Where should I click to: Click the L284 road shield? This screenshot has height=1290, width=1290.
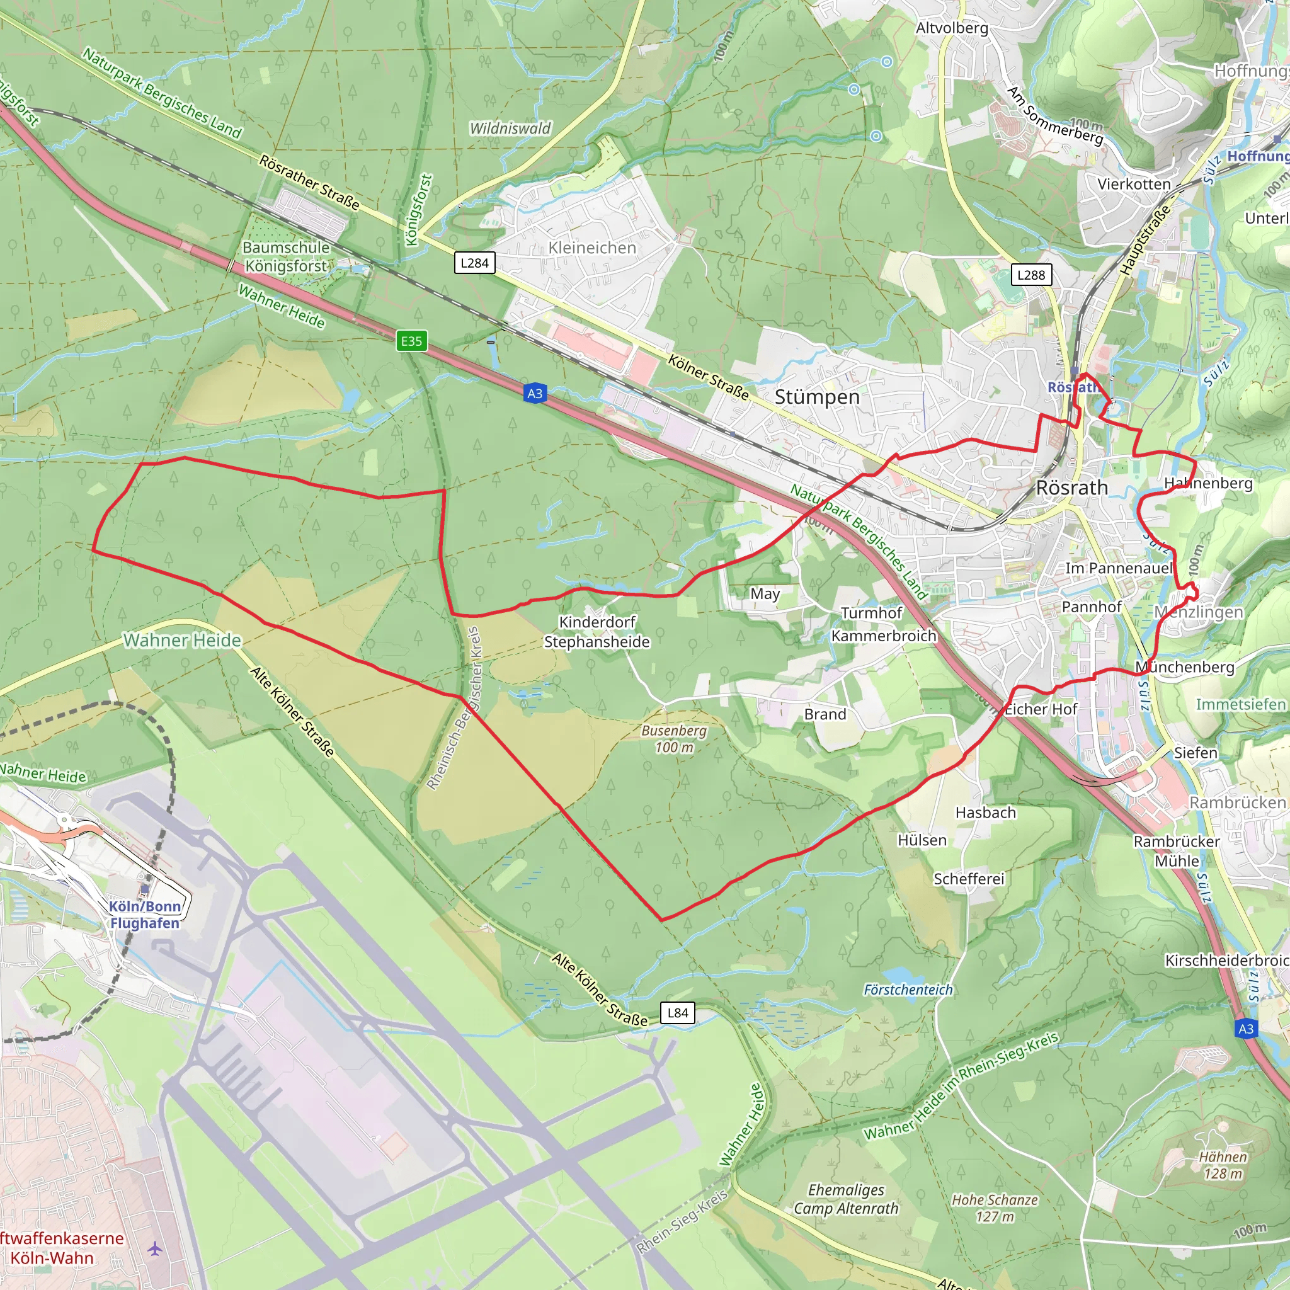coord(474,263)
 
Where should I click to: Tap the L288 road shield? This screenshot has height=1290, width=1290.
coord(1031,275)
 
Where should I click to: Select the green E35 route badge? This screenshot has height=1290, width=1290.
coord(411,341)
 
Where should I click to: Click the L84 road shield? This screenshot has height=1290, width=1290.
coord(678,1013)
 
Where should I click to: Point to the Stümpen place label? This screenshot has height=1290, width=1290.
coord(816,397)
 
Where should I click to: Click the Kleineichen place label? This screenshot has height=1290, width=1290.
coord(591,248)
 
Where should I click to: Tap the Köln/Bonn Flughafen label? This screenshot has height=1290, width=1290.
coord(145,915)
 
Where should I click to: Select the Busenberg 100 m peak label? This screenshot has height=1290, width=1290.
coord(674,739)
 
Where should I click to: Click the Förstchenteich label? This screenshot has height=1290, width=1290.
coord(908,990)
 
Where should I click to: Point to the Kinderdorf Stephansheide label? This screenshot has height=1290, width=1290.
coord(596,632)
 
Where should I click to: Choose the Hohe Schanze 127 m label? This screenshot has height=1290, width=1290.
coord(994,1208)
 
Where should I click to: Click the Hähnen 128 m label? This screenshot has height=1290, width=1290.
coord(1223,1165)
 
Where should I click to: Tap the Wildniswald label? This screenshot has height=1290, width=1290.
coord(510,128)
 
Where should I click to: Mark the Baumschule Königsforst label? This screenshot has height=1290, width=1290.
coord(286,257)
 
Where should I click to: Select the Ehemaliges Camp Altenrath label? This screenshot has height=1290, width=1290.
coord(846,1199)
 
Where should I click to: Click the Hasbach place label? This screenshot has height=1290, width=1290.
coord(985,813)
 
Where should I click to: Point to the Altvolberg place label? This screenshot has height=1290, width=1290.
coord(952,28)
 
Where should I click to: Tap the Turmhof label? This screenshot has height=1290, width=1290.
coord(870,613)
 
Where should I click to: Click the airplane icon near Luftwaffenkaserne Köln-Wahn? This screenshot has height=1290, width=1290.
coord(155,1248)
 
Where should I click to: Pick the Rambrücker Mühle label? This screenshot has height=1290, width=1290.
coord(1177,850)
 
